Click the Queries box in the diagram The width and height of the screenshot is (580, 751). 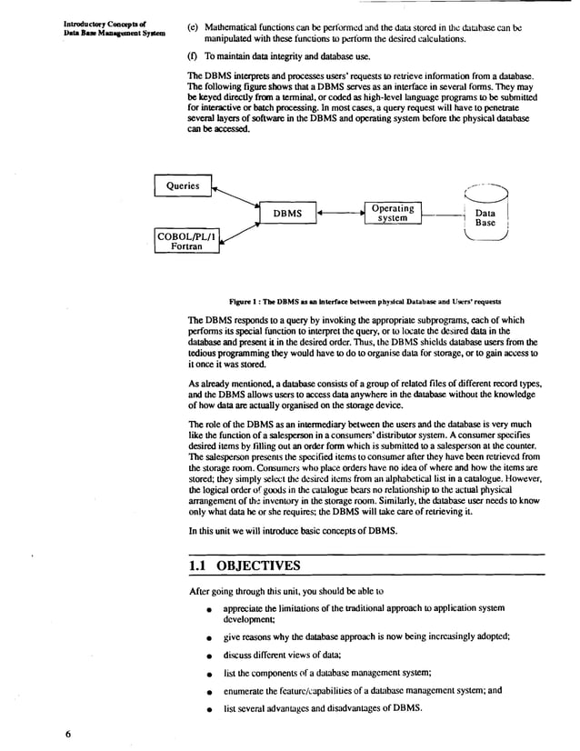pyautogui.click(x=182, y=186)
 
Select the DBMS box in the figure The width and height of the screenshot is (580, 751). pyautogui.click(x=287, y=214)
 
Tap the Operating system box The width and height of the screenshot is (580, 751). pyautogui.click(x=392, y=213)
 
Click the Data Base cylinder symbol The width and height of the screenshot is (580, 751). pyautogui.click(x=485, y=215)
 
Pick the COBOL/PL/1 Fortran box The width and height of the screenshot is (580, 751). pyautogui.click(x=186, y=241)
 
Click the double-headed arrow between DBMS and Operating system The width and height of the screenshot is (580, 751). pyautogui.click(x=340, y=214)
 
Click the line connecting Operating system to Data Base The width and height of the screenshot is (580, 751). pyautogui.click(x=440, y=214)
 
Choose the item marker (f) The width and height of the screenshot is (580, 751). pyautogui.click(x=193, y=56)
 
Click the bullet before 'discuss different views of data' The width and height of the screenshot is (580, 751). pyautogui.click(x=209, y=656)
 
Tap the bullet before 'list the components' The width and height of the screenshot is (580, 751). pyautogui.click(x=209, y=674)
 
